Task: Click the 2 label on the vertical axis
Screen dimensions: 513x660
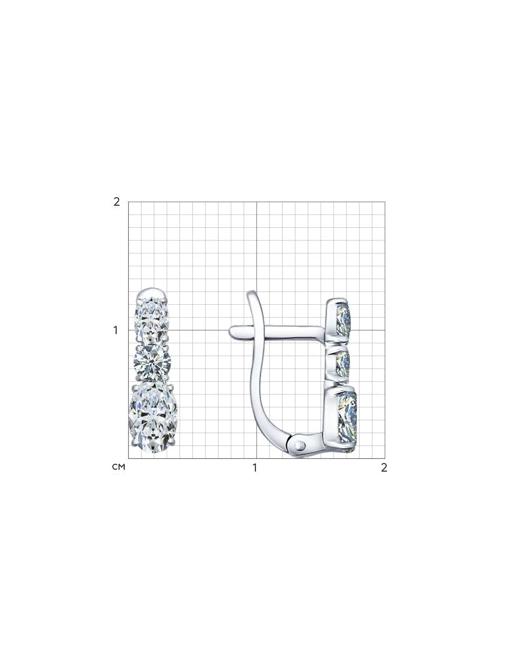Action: (x=117, y=202)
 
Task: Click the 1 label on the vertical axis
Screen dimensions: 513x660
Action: (x=116, y=330)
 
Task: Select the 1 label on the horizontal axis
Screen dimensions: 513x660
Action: (x=255, y=468)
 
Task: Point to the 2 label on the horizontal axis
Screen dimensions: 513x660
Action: (x=384, y=467)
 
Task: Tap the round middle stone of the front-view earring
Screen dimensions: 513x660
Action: (x=152, y=363)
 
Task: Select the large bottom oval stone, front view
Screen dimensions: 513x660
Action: (x=153, y=418)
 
